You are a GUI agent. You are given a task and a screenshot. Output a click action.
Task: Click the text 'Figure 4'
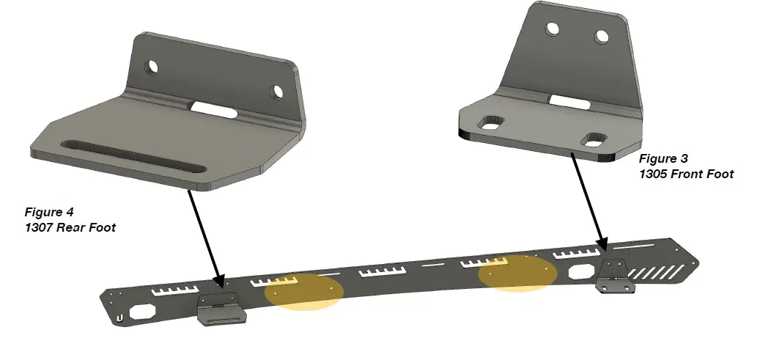[x=49, y=213]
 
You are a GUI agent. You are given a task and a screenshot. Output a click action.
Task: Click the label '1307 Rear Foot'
[x=70, y=227]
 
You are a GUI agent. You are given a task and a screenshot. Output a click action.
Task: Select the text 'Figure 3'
[x=663, y=158]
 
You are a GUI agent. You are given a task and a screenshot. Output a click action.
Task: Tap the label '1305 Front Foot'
[x=686, y=174]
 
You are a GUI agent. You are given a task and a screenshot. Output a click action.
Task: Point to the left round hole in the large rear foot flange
[x=152, y=67]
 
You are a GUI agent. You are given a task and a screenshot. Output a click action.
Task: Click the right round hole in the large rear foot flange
[x=277, y=92]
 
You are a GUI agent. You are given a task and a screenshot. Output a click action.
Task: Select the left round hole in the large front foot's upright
[x=553, y=30]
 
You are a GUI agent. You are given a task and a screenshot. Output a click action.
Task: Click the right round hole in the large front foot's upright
[x=602, y=36]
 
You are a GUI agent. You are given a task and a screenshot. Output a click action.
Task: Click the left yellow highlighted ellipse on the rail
[x=303, y=291]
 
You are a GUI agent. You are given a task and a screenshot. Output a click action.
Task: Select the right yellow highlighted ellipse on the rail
[x=517, y=273]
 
